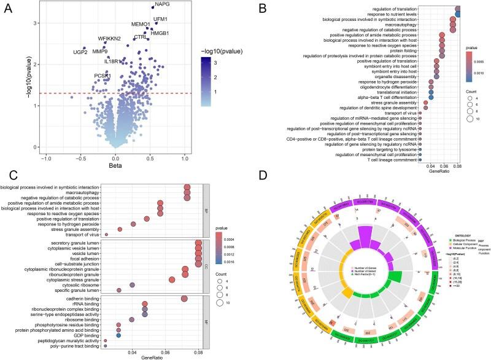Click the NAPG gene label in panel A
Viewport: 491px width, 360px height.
click(x=163, y=5)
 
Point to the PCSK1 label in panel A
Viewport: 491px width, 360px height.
click(x=103, y=76)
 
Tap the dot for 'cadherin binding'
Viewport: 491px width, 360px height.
click(x=184, y=299)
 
